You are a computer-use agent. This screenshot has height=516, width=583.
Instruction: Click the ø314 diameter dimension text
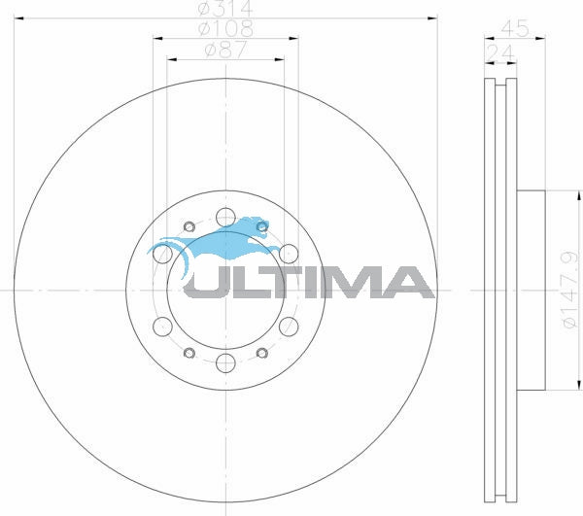[x=225, y=10]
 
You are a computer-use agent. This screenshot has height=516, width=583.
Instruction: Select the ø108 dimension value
[x=225, y=30]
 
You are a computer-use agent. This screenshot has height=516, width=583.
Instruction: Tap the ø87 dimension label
[x=225, y=52]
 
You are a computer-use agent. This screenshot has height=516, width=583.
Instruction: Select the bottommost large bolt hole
[x=225, y=363]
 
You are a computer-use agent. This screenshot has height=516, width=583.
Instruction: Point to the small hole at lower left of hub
[x=189, y=351]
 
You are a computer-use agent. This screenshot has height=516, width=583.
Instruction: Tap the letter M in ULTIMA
[x=360, y=282]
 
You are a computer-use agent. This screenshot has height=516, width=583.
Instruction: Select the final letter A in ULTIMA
[x=412, y=282]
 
